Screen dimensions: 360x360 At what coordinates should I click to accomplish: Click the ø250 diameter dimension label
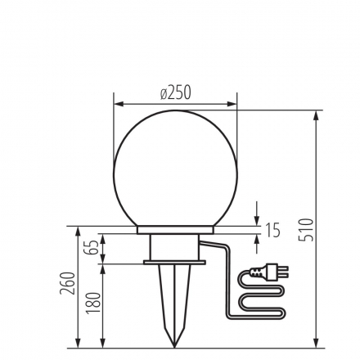(x=175, y=92)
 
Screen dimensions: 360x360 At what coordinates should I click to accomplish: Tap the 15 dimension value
(x=272, y=231)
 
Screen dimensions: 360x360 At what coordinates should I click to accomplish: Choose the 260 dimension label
(x=70, y=283)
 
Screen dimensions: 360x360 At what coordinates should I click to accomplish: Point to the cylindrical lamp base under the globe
(x=173, y=246)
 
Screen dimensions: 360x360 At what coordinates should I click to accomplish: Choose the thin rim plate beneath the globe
(x=173, y=228)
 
